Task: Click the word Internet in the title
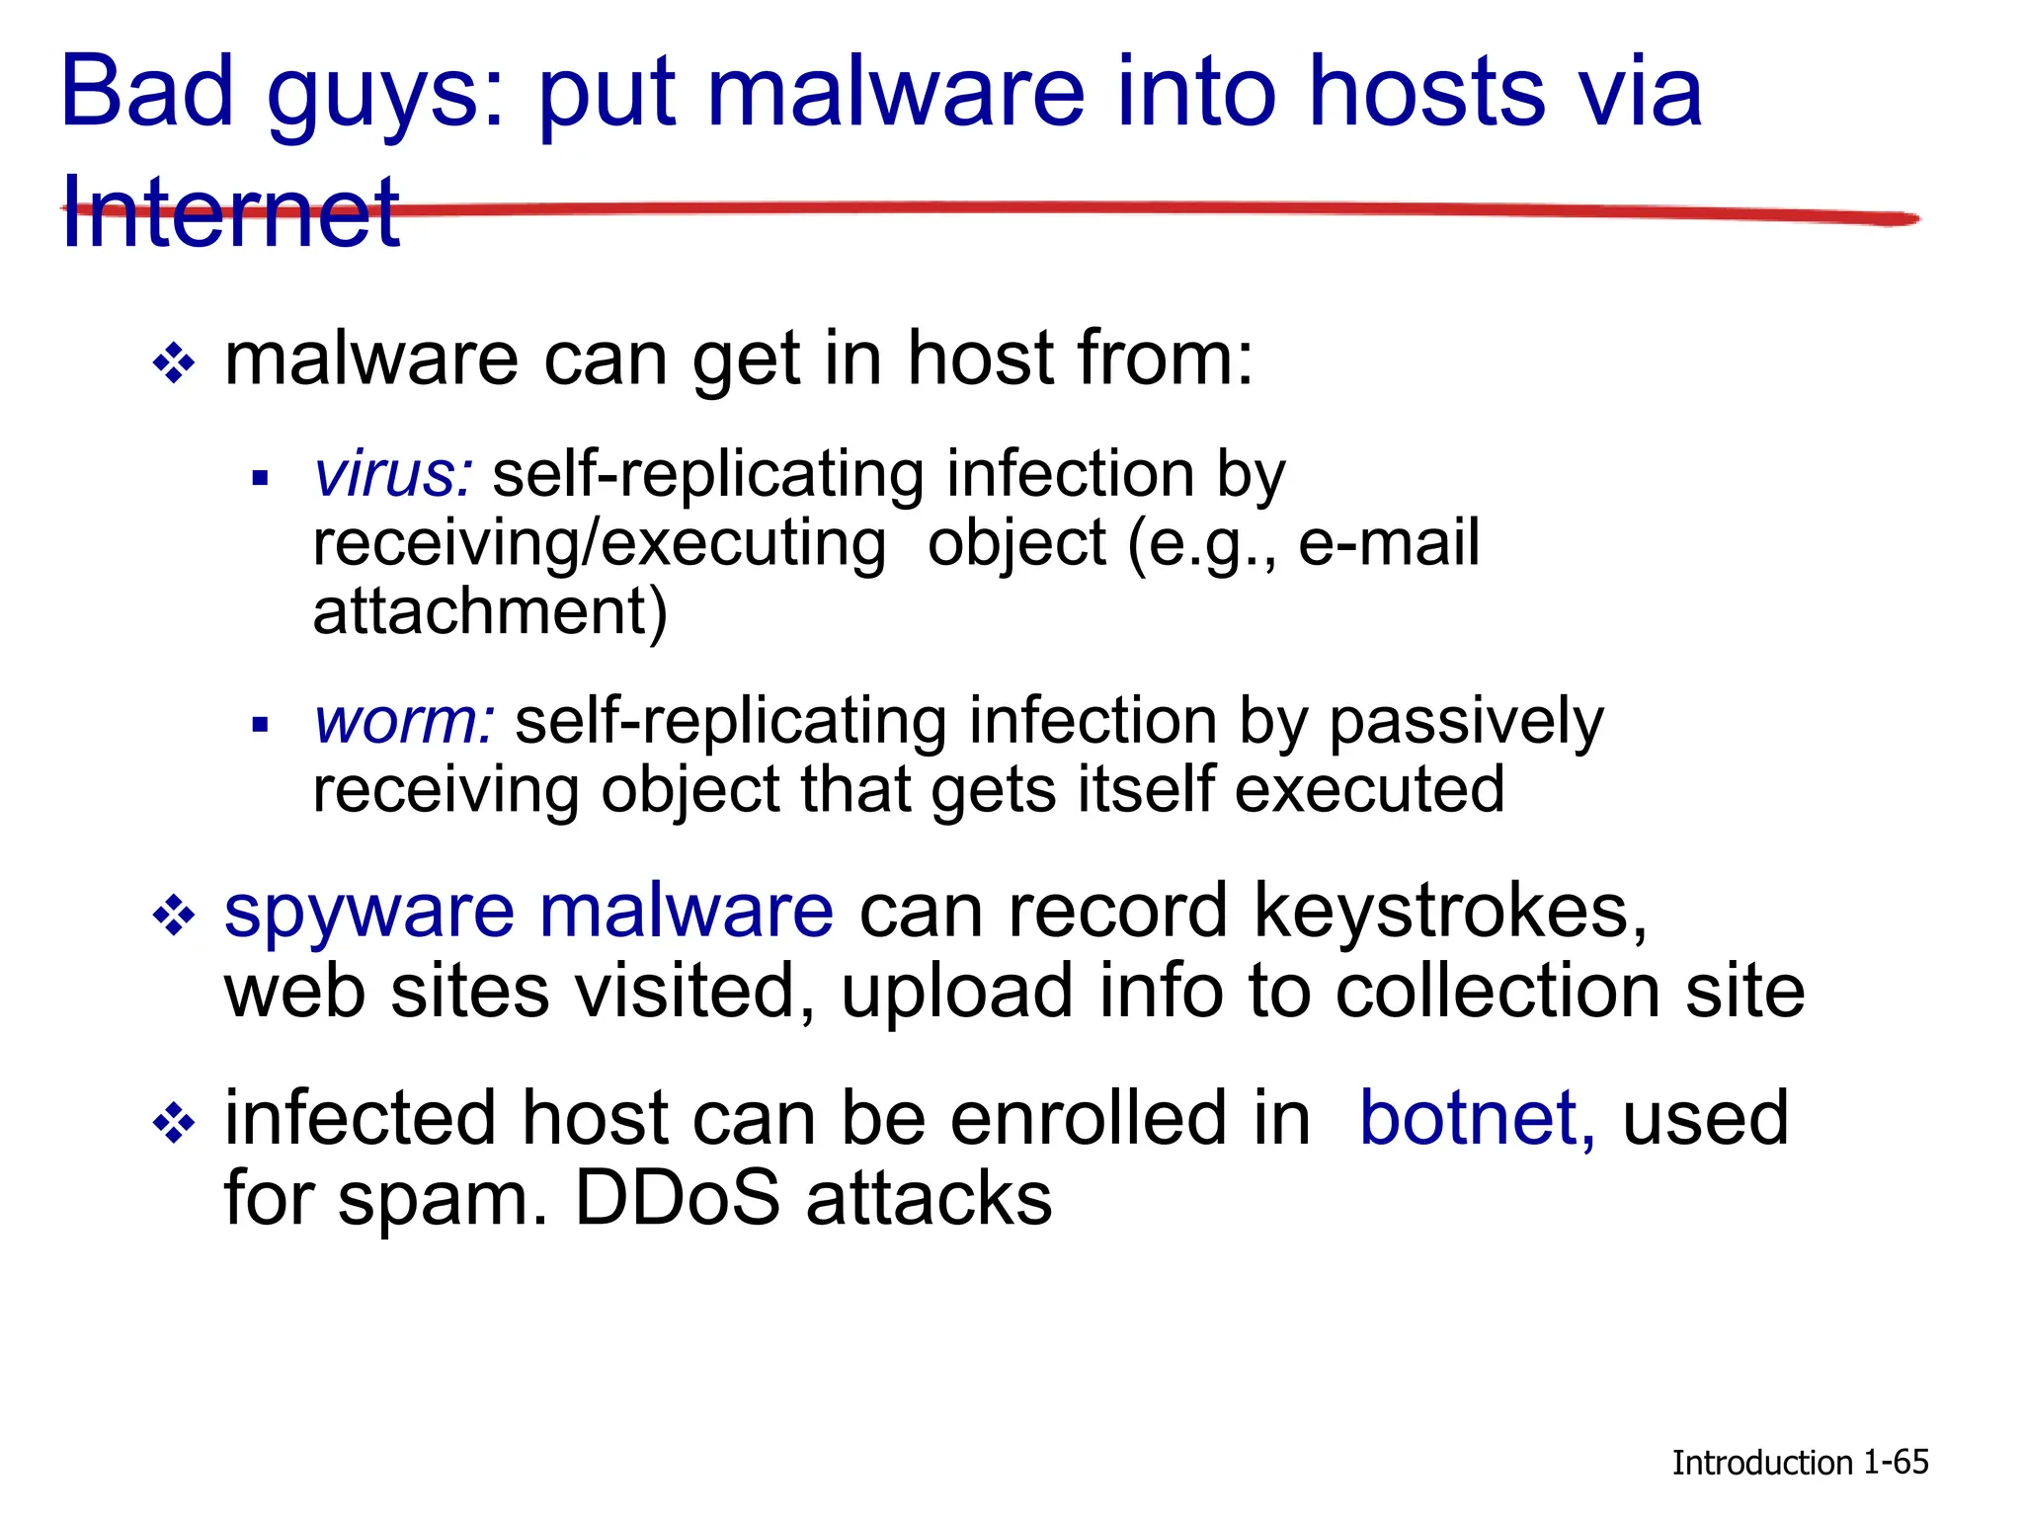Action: pos(230,211)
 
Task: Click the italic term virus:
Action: pos(393,474)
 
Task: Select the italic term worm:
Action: pos(404,721)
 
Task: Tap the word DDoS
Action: pos(678,1199)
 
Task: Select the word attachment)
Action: pos(490,611)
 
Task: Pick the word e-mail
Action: pos(1389,543)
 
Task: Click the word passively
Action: pos(1466,721)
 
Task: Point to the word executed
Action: pos(1370,790)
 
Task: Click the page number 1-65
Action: pos(1896,1462)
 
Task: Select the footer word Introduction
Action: pos(1761,1463)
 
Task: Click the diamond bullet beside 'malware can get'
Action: pos(175,363)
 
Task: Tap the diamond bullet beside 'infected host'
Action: pos(175,1124)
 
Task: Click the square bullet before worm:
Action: pos(261,726)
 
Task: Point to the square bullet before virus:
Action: pos(261,480)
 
